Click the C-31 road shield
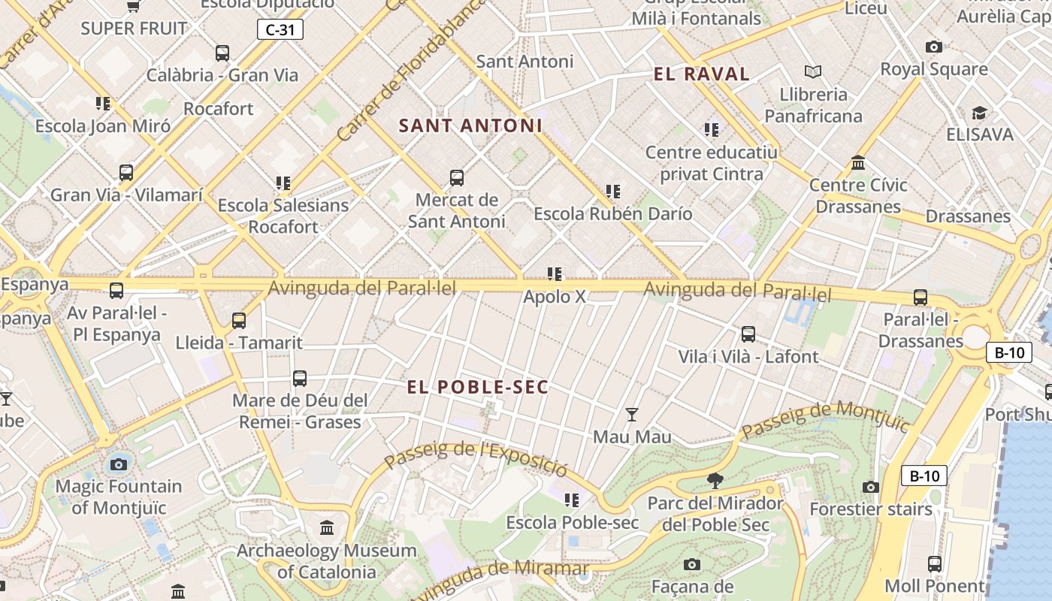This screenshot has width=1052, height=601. [x=280, y=30]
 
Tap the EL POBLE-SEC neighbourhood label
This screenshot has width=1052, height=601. [x=478, y=387]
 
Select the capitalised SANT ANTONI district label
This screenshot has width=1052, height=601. [x=470, y=125]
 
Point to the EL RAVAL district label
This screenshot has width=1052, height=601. [x=702, y=74]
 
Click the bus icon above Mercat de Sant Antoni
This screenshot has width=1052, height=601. [x=456, y=178]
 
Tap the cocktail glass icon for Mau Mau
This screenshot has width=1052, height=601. [x=632, y=414]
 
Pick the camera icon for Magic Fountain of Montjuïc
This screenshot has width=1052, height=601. [x=119, y=464]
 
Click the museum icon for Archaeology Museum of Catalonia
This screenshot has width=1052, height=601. [x=327, y=528]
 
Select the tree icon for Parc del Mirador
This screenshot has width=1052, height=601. [x=715, y=480]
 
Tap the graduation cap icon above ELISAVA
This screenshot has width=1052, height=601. [x=979, y=113]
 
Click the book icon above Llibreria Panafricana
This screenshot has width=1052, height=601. [x=813, y=72]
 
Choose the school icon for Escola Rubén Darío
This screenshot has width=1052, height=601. [x=613, y=192]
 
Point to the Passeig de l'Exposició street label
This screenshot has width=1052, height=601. [x=476, y=457]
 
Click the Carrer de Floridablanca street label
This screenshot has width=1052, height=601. [x=410, y=71]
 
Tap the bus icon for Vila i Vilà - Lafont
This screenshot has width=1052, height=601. [x=748, y=334]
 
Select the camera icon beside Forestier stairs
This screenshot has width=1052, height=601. [x=871, y=487]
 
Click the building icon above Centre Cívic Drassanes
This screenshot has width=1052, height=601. [x=858, y=162]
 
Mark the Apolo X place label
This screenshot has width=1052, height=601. [x=554, y=297]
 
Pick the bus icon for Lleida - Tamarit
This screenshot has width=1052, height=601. [x=239, y=321]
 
